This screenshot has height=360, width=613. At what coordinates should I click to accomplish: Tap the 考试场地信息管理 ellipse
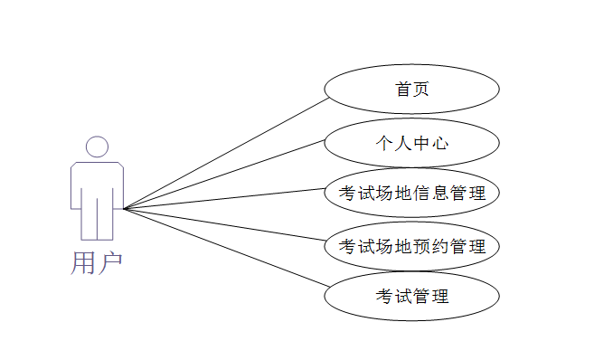click(x=411, y=193)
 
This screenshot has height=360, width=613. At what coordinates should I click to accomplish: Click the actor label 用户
click(x=96, y=262)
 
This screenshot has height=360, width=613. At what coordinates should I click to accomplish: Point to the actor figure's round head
click(x=97, y=147)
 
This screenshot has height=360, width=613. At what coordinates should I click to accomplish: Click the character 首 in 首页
click(x=402, y=90)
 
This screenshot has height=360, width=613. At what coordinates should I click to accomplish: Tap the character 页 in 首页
click(x=420, y=90)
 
